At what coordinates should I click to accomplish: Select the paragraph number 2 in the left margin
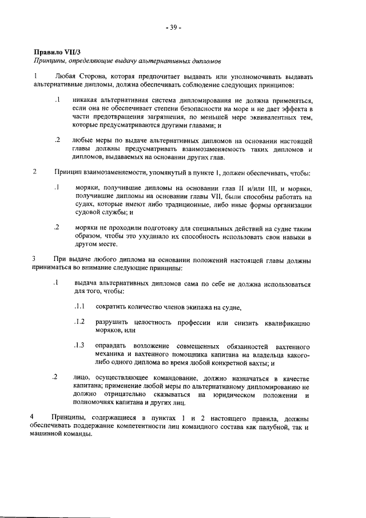(35, 172)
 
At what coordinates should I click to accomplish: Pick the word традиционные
(208, 204)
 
